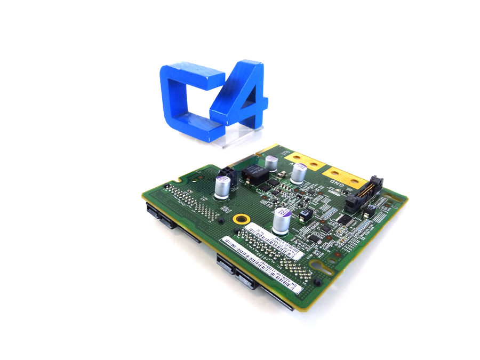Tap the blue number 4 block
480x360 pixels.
(240, 96)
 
